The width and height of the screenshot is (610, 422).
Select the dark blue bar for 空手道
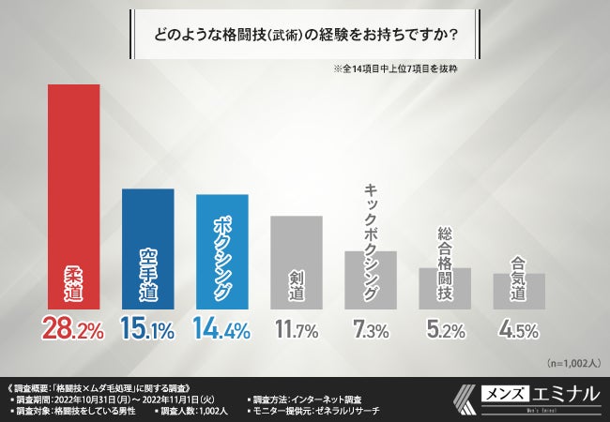[148, 249]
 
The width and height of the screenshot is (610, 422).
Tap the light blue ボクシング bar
[222, 251]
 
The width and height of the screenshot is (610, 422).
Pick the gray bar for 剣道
[297, 262]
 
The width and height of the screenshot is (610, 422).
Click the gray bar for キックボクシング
[371, 279]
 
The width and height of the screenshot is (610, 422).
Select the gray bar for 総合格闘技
[445, 288]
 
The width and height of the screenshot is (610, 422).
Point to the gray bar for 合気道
[519, 291]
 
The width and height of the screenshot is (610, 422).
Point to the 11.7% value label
[297, 328]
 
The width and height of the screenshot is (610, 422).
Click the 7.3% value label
[371, 328]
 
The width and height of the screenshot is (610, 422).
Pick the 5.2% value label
[445, 328]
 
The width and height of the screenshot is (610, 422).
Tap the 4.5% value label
[519, 328]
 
